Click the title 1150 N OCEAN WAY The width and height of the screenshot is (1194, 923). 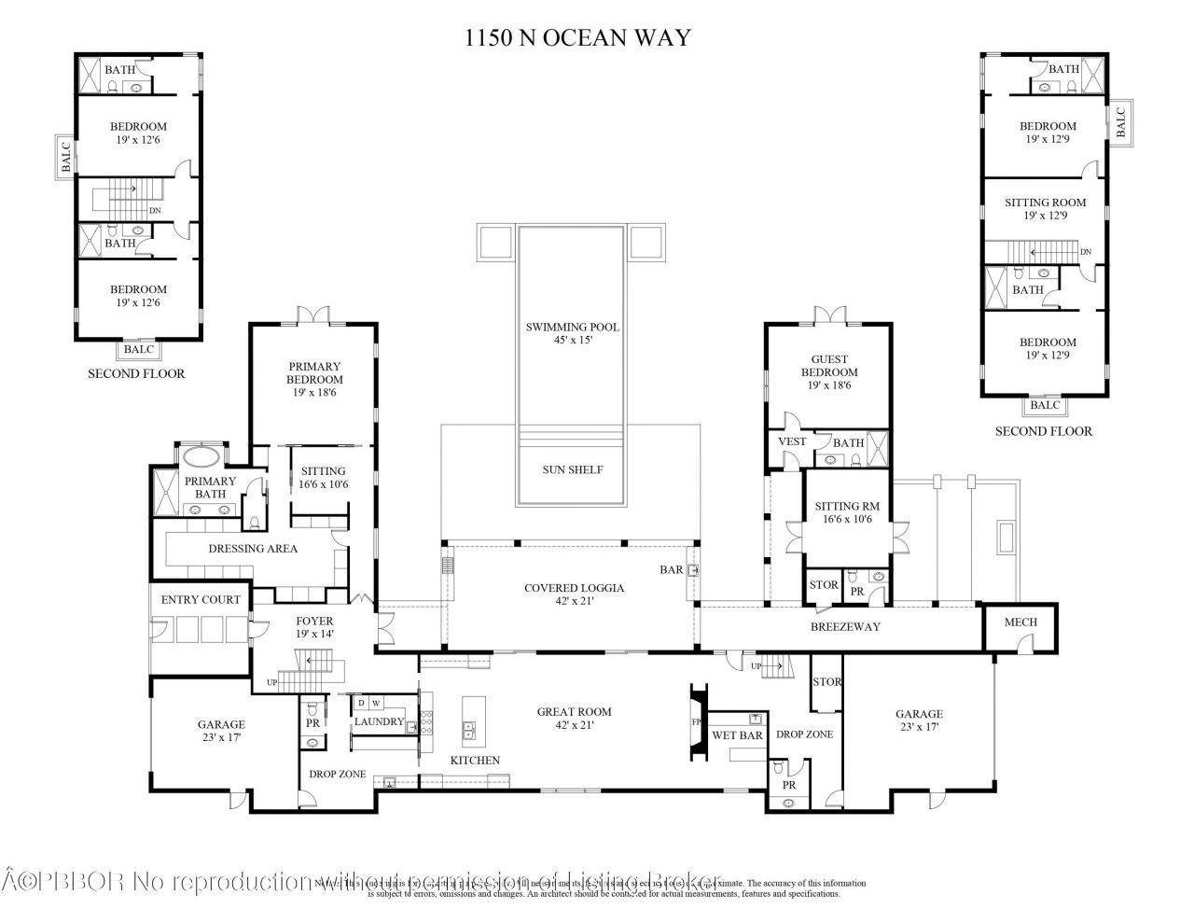tap(578, 37)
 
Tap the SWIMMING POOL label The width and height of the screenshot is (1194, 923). tap(572, 328)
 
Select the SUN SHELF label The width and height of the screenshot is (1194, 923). tap(572, 469)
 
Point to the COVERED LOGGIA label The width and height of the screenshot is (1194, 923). tap(574, 588)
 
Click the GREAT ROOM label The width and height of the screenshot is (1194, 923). tap(574, 712)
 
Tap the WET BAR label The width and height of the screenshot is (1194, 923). tap(737, 735)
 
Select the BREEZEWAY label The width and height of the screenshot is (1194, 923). tap(846, 626)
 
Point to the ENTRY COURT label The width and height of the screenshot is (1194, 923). tap(201, 600)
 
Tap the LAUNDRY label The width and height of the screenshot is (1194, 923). tap(379, 721)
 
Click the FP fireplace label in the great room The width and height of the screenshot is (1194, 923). tap(695, 722)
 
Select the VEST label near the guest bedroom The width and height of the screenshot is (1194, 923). tap(791, 441)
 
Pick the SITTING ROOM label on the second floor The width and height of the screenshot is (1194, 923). tap(1045, 203)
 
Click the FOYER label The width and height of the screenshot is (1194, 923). tap(314, 621)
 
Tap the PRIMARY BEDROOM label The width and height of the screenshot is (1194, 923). tap(314, 373)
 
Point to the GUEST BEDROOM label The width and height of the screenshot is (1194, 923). tap(828, 366)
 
